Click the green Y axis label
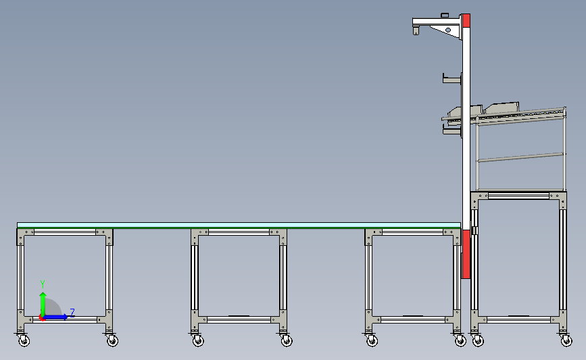point(43,284)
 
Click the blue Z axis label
point(72,313)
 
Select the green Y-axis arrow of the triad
point(43,304)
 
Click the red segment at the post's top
point(466,20)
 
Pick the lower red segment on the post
point(466,254)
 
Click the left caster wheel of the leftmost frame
point(24,340)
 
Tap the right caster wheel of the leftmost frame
point(112,340)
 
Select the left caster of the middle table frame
point(198,340)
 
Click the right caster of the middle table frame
point(287,340)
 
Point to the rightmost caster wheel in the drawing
point(566,340)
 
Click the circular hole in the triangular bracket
point(448,30)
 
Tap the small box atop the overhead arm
point(445,16)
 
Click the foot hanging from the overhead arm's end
point(416,30)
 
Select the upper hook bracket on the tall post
point(452,78)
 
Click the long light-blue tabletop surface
point(239,225)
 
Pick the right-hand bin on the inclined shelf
point(502,107)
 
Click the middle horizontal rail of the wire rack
point(521,157)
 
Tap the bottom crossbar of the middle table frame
point(239,319)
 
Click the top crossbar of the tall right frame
point(518,196)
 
